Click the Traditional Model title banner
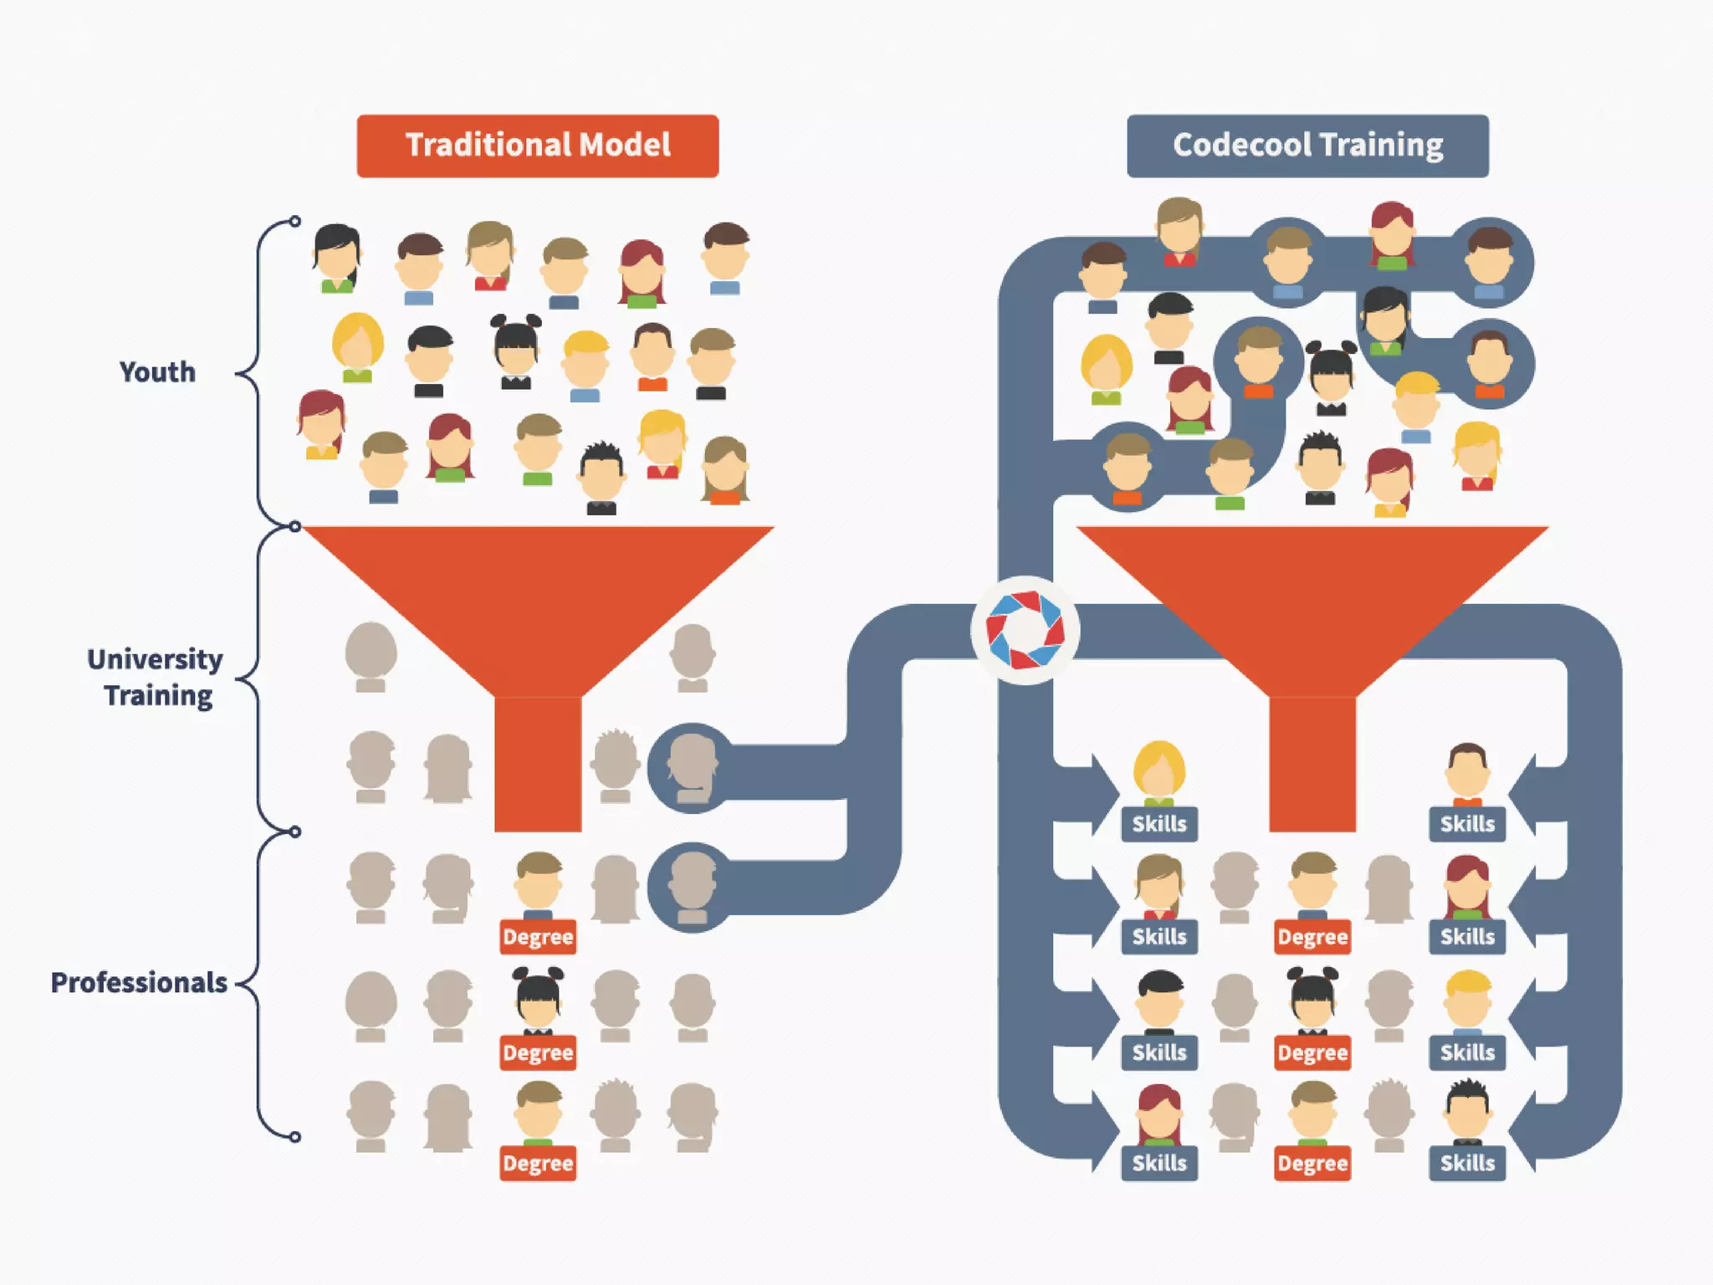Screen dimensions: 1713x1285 (537, 146)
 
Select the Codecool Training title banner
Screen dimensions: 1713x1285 (1307, 146)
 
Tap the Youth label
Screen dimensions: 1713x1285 (157, 371)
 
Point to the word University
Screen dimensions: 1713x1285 (155, 659)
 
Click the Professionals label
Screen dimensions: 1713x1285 (139, 982)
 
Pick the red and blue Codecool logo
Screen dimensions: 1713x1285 (1025, 630)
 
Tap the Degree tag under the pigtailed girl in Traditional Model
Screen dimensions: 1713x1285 (538, 1052)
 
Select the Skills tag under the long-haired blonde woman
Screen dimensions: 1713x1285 (1159, 824)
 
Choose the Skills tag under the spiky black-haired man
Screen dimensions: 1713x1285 (1467, 1163)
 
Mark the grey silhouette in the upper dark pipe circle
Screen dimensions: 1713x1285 (692, 766)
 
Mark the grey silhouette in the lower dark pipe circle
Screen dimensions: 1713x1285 (692, 885)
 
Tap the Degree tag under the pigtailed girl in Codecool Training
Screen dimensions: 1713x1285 (1312, 1052)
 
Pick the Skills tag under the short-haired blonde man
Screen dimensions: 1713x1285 (1467, 1052)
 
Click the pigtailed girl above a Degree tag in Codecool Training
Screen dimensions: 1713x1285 (1312, 1000)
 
